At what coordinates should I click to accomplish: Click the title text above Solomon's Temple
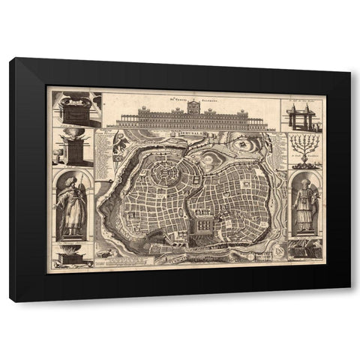[x=187, y=94]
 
